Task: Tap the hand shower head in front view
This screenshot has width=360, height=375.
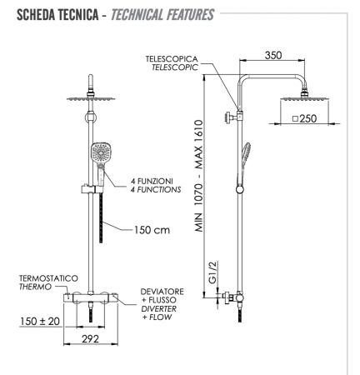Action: coord(98,155)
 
